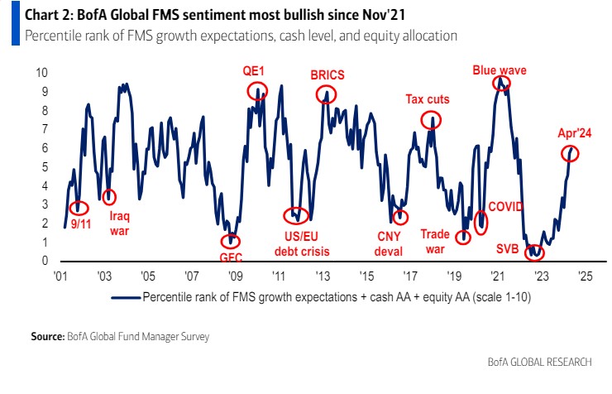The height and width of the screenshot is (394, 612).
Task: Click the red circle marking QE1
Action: pos(258,92)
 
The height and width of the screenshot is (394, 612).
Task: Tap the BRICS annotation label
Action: pos(327,74)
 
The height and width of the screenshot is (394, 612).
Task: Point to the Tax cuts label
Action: pos(427,100)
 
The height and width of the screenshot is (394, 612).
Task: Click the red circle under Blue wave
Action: pos(502,84)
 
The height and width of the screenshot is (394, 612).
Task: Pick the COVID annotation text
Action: pos(505,205)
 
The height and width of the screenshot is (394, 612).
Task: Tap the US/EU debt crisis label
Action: pos(295,241)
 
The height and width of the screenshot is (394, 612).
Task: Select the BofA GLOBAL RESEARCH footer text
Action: pos(545,362)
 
